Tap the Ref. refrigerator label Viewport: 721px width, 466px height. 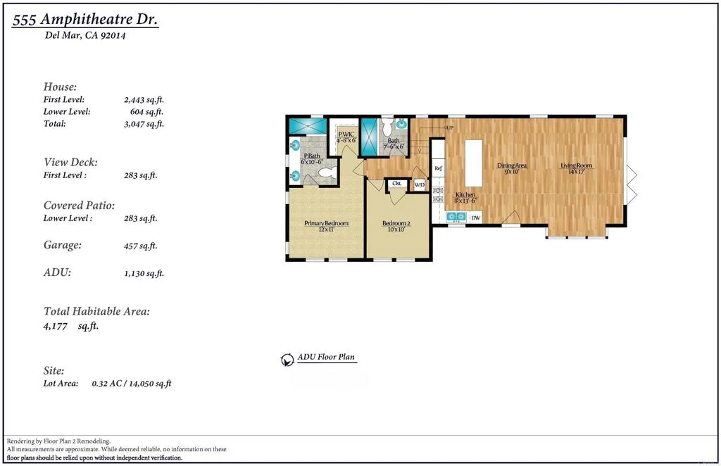click(x=438, y=168)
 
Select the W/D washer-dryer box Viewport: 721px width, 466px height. click(x=420, y=185)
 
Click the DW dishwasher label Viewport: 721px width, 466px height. click(x=475, y=218)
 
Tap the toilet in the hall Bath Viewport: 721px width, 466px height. click(x=387, y=127)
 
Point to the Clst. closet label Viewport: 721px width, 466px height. click(x=397, y=184)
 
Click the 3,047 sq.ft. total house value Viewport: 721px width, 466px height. click(x=144, y=124)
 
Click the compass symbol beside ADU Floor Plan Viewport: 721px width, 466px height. click(x=287, y=359)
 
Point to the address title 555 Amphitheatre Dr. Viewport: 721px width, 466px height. click(x=85, y=20)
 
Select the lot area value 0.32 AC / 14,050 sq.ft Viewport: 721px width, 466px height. click(x=132, y=384)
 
